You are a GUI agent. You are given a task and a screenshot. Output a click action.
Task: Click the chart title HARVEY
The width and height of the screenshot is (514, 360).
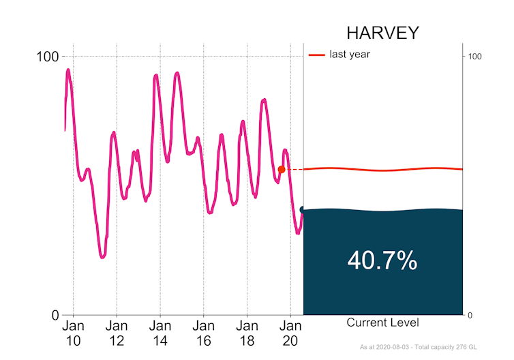point(382,33)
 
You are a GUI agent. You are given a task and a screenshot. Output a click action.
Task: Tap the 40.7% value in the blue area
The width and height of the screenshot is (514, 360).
point(382,260)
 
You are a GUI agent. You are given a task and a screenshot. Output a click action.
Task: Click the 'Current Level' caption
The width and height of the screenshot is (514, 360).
point(382,322)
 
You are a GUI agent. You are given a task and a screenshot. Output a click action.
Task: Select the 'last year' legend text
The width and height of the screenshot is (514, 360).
point(350,55)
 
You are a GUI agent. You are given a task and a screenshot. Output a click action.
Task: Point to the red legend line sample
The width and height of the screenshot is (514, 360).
point(317,55)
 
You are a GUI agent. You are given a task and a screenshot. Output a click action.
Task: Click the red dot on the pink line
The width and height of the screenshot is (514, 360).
point(282,169)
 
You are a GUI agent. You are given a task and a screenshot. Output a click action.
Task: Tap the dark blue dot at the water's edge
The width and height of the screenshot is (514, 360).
point(303,210)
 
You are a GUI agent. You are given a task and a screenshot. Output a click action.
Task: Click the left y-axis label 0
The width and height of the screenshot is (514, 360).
point(55,315)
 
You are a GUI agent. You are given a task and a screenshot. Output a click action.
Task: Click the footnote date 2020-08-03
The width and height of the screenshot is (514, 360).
point(395,348)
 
